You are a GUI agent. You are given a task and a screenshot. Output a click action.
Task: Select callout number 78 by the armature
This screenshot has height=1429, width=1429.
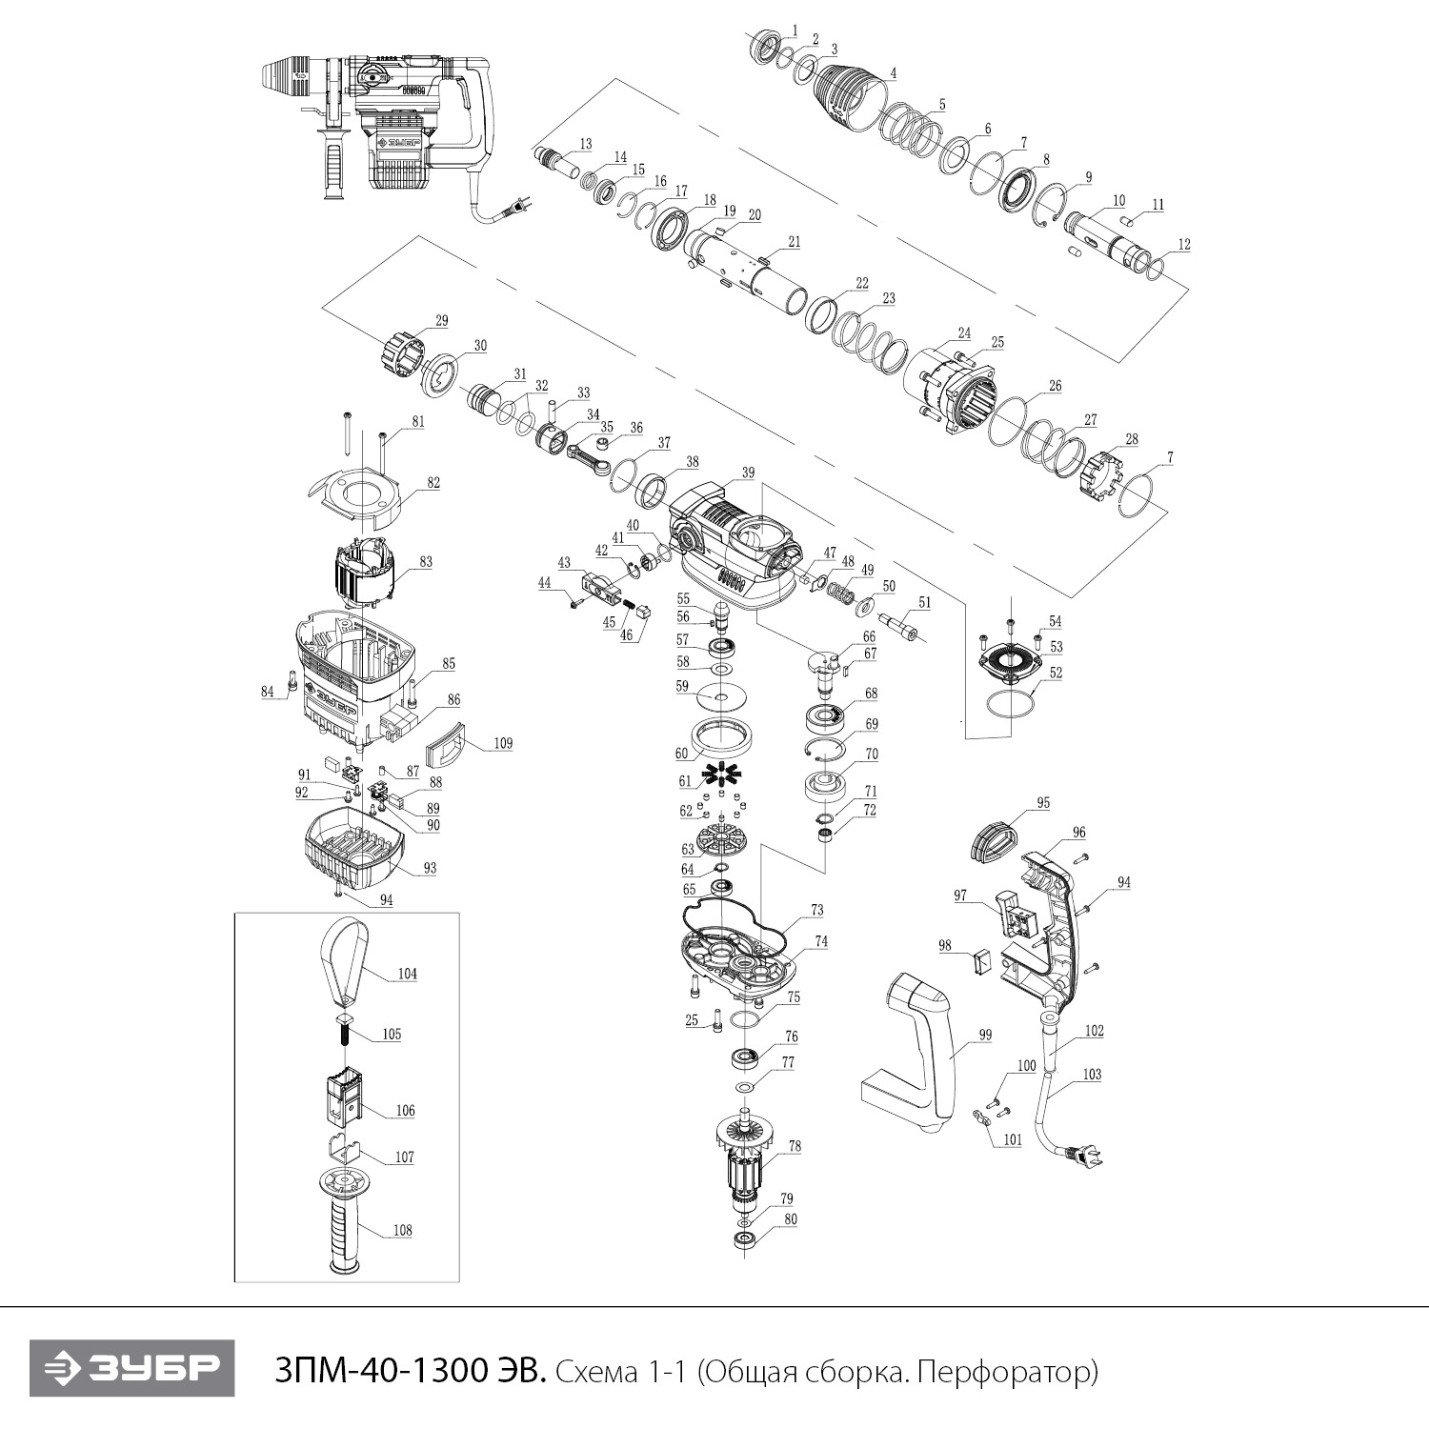pyautogui.click(x=794, y=1147)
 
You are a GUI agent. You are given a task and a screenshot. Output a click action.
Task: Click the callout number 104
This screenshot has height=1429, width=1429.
pyautogui.click(x=408, y=974)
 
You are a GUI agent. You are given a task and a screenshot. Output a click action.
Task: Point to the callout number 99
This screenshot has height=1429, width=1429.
pyautogui.click(x=985, y=1035)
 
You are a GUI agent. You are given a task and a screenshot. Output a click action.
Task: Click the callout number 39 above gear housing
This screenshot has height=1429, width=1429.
pyautogui.click(x=748, y=473)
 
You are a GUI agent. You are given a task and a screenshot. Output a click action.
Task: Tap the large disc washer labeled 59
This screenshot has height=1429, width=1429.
pyautogui.click(x=719, y=700)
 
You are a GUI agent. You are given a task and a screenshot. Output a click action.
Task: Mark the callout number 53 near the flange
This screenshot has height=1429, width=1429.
pyautogui.click(x=1056, y=647)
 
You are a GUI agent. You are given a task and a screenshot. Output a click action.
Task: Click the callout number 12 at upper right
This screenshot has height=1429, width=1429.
pyautogui.click(x=1183, y=245)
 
